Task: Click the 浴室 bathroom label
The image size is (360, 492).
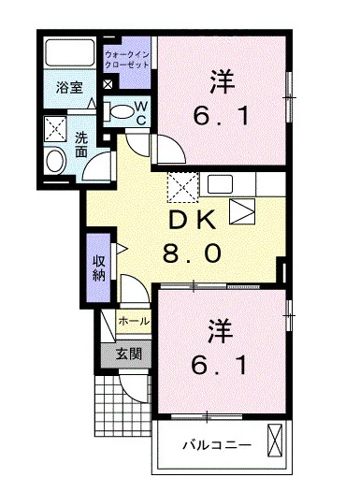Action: click(x=68, y=88)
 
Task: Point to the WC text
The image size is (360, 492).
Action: click(x=141, y=113)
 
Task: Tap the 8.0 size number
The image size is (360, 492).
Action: click(x=192, y=253)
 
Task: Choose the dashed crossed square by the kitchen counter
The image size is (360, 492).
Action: click(x=181, y=187)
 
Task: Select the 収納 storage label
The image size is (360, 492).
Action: click(x=98, y=268)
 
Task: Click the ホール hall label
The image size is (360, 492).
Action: click(x=134, y=321)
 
